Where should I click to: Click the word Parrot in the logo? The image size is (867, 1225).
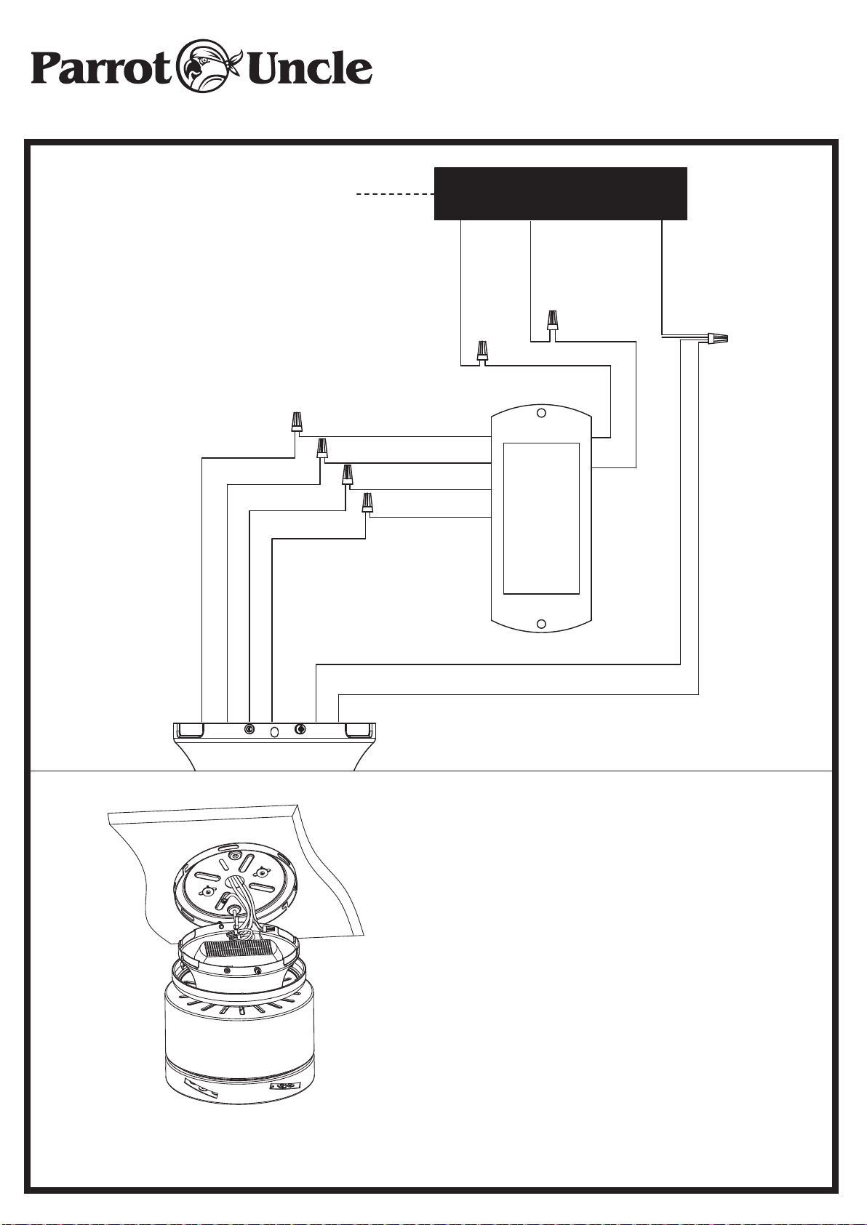101,68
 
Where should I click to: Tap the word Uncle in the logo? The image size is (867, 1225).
310,68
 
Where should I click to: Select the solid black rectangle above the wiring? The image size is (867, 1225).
560,193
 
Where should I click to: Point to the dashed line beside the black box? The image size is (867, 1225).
395,194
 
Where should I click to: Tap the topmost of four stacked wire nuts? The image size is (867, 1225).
296,422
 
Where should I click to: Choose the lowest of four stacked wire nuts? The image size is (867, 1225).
368,502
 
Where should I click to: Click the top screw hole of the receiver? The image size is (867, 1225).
542,413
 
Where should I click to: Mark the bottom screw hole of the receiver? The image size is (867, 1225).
542,624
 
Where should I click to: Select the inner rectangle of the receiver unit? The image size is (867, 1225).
541,518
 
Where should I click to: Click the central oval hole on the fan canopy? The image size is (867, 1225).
275,731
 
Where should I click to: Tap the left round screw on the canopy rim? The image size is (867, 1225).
249,729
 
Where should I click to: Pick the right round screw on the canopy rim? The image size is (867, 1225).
300,729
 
